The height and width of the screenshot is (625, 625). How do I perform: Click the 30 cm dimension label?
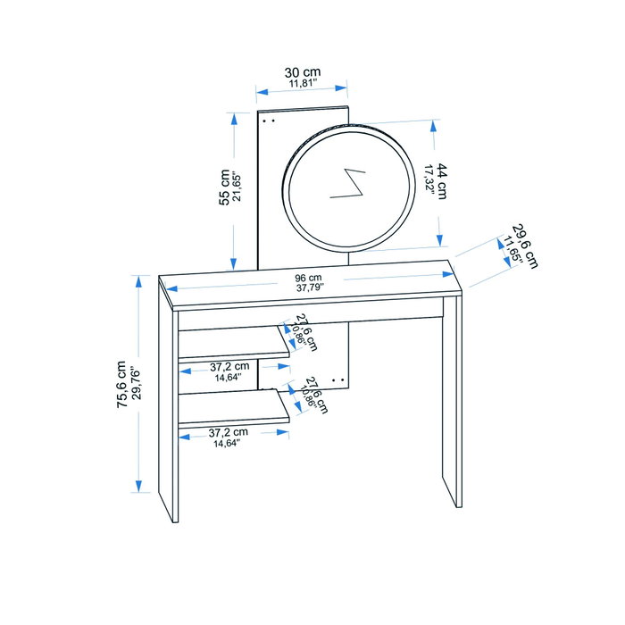coord(303,72)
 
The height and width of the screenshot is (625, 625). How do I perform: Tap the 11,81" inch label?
coord(303,84)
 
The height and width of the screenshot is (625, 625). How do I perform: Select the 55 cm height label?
coord(224,187)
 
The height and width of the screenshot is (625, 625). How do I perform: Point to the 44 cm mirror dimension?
coord(441,180)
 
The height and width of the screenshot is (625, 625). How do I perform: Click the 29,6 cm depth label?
coord(525,246)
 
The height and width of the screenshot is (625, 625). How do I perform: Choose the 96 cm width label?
coord(308,278)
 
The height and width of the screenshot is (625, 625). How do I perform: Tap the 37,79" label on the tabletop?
coord(310,287)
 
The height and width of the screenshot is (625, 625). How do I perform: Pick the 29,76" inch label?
coord(136,385)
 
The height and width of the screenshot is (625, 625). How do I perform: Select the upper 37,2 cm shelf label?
coord(229,366)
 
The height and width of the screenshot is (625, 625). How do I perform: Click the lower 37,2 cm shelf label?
coord(228,432)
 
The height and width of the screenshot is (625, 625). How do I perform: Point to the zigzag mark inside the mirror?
coord(347,183)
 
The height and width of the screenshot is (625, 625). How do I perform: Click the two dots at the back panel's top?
coord(269,120)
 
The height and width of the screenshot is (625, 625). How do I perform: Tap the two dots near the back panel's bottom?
coord(338,380)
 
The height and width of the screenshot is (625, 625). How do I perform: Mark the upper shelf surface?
coord(233,342)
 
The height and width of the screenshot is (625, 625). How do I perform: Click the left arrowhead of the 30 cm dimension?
coord(262,93)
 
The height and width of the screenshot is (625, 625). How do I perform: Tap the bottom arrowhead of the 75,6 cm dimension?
coord(138,486)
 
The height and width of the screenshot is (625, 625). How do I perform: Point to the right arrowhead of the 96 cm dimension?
coord(448,274)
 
